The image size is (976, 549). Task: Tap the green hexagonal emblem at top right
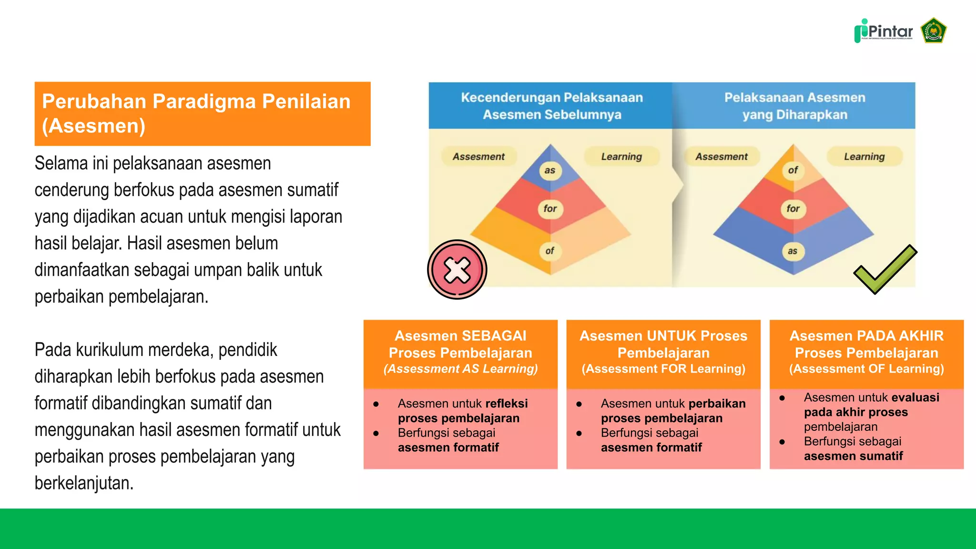[933, 31]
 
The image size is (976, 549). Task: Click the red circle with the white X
[457, 270]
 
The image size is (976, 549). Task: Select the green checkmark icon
[885, 269]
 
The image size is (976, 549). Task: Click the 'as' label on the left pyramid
[550, 171]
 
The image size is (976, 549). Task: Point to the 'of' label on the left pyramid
[550, 251]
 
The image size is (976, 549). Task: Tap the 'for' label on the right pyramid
[793, 209]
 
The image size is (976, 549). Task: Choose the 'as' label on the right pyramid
[793, 251]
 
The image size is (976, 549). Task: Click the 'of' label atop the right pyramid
[793, 170]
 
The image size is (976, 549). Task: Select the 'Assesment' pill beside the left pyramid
[478, 156]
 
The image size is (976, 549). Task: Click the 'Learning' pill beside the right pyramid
[864, 156]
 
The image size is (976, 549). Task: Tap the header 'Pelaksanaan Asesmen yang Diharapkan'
[794, 106]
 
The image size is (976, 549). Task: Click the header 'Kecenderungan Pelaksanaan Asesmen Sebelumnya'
[552, 106]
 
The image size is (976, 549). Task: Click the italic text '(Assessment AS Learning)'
[460, 369]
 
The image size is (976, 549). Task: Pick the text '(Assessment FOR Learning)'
[663, 369]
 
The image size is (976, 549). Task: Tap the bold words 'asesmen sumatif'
[853, 456]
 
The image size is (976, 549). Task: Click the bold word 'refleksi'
[507, 404]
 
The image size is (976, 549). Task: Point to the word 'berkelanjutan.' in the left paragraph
[84, 483]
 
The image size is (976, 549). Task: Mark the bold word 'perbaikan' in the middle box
[717, 404]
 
